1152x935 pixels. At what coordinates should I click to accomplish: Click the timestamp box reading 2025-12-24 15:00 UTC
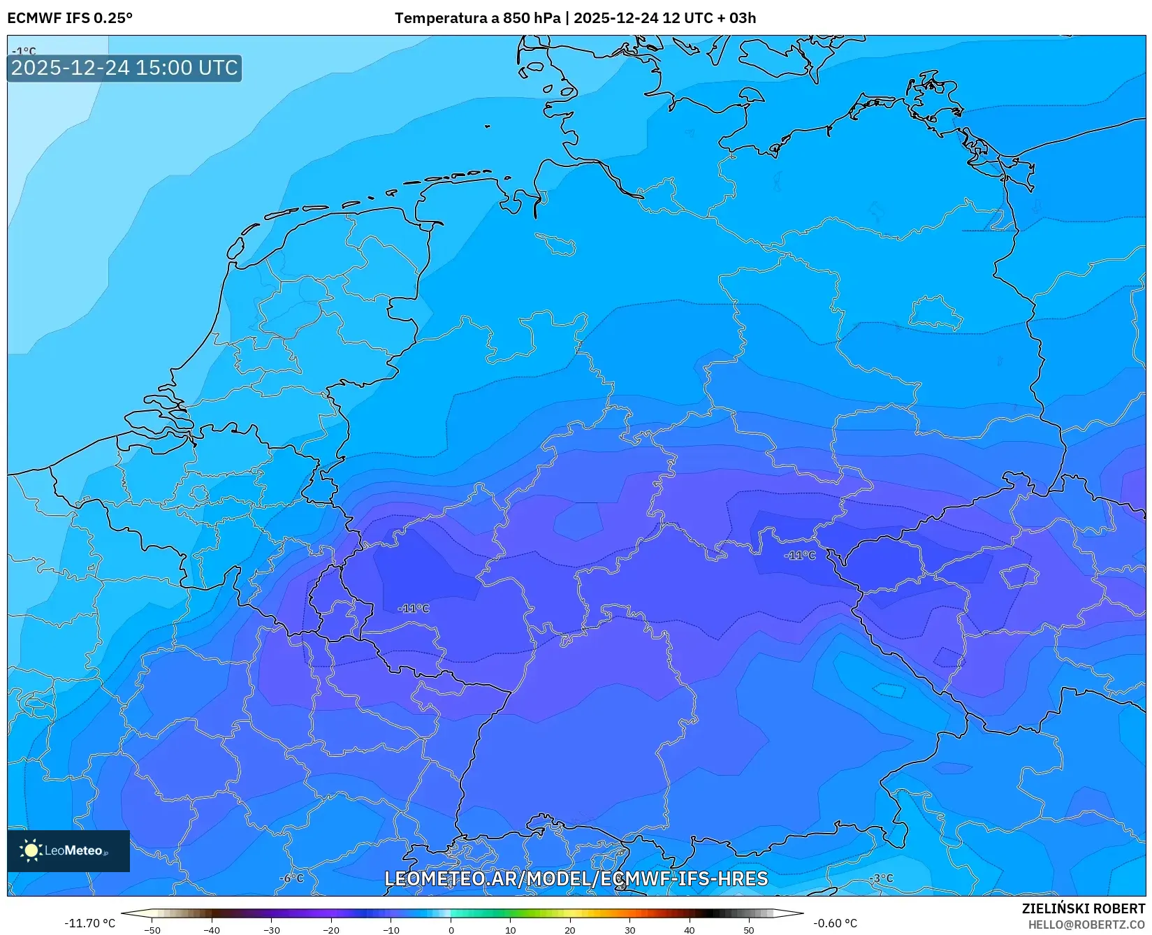tap(124, 68)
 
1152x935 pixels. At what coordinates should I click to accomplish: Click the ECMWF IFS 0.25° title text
tap(70, 18)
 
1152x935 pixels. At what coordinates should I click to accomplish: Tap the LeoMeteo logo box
tap(68, 850)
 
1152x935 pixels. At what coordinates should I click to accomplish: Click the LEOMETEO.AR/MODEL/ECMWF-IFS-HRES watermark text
tap(576, 878)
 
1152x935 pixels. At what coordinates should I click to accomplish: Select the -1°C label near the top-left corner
tap(24, 51)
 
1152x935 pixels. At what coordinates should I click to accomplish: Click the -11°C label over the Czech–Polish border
tap(800, 555)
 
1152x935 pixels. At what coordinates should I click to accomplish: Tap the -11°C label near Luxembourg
tap(414, 608)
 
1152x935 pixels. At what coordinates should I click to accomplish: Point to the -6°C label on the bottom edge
tap(291, 878)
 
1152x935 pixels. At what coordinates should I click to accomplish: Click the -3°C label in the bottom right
tap(881, 878)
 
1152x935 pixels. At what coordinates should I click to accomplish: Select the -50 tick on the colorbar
tap(152, 930)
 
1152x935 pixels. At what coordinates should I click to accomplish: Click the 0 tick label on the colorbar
tap(451, 930)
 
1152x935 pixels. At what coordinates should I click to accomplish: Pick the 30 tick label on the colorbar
tap(629, 930)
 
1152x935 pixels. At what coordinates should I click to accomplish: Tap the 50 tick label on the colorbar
tap(749, 930)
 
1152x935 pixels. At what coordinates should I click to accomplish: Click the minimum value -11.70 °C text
tap(89, 923)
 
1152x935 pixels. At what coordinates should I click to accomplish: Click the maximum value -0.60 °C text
tap(835, 923)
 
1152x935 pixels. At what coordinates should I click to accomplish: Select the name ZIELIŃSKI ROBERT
tap(1084, 908)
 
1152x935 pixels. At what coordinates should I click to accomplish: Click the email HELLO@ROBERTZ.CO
tap(1086, 925)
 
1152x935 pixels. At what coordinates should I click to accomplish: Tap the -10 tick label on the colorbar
tap(391, 930)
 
